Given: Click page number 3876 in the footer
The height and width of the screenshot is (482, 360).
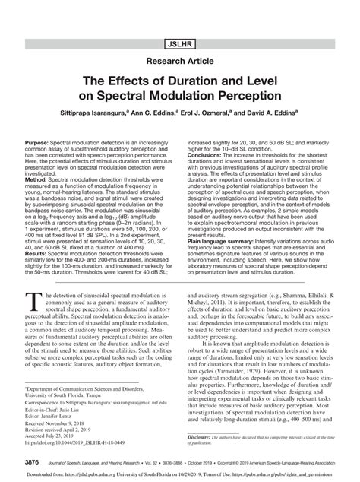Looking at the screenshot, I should coord(33,462).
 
